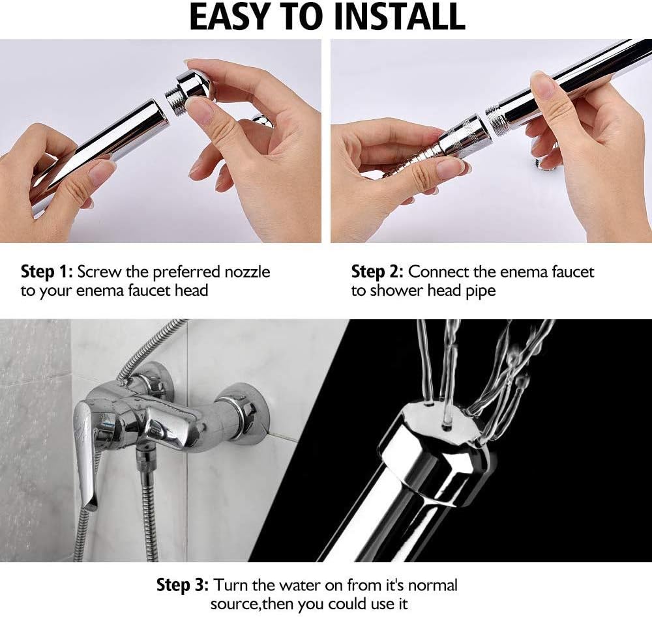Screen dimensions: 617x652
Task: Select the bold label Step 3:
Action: (183, 584)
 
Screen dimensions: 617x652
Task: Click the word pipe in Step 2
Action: (481, 291)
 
